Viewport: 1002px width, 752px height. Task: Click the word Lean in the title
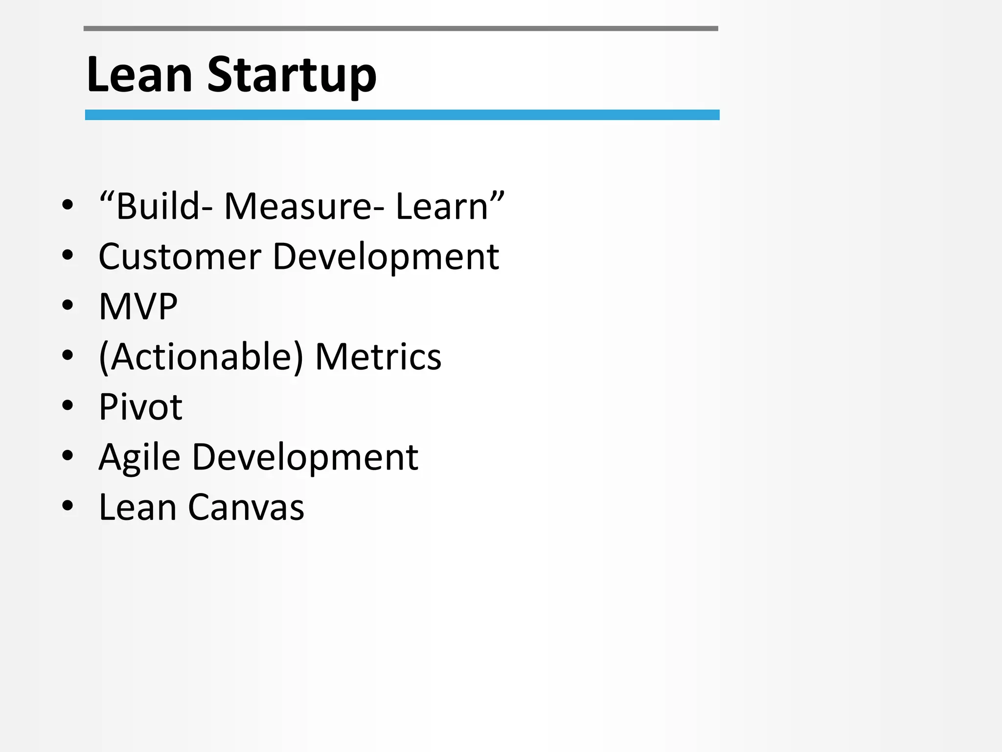(139, 74)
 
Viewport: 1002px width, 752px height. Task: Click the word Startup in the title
(292, 76)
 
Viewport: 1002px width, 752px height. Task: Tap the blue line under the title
(402, 115)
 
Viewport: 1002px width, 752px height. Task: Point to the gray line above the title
(401, 29)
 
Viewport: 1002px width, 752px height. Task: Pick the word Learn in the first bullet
(442, 207)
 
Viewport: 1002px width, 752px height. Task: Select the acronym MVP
(138, 307)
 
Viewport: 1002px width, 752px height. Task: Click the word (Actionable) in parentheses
(201, 357)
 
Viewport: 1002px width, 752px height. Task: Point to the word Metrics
(378, 357)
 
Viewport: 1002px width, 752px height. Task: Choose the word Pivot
(140, 407)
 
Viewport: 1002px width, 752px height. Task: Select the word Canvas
(246, 507)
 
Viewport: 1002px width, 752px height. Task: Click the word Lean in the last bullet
(137, 507)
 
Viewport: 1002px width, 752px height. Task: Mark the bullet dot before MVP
(68, 305)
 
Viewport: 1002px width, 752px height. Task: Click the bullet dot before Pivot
(68, 405)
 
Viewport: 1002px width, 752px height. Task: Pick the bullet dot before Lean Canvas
(68, 506)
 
